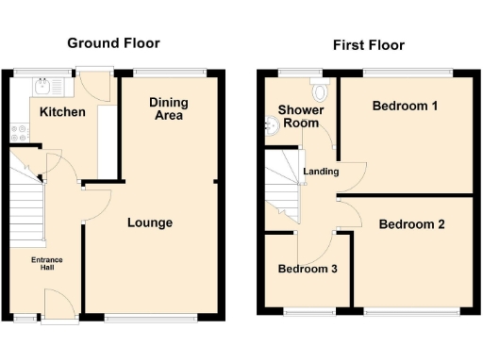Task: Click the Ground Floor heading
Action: coord(112,43)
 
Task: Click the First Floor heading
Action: coord(369,45)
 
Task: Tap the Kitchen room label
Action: coord(62,113)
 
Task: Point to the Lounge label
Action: coord(150,223)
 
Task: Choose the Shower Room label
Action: coord(301,117)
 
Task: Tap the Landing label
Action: coord(322,172)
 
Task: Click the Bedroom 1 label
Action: coord(405,106)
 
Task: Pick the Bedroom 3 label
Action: coord(308,270)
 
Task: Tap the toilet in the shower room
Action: coord(322,90)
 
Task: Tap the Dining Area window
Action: coord(170,72)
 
